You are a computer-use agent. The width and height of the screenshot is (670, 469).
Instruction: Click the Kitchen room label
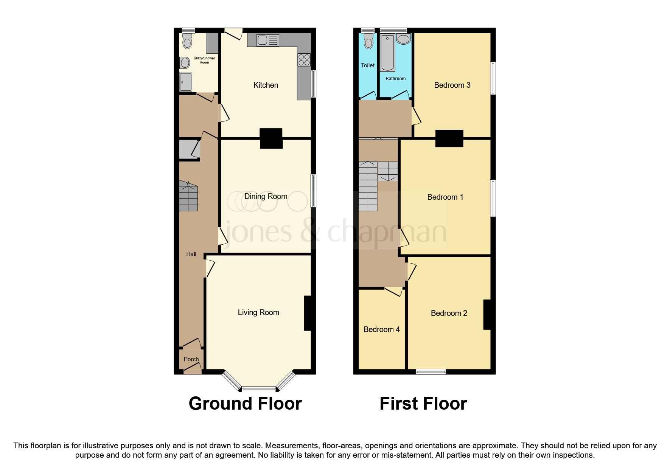[x=266, y=85]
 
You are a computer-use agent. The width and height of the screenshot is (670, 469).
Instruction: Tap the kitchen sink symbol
[x=267, y=40]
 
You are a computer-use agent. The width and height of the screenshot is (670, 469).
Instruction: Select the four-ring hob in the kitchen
[x=304, y=60]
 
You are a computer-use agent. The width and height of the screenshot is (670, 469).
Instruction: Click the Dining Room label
[x=266, y=196]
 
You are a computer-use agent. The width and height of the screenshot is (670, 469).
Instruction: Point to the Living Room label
[x=258, y=312]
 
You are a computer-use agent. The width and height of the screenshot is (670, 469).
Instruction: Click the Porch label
[x=191, y=359]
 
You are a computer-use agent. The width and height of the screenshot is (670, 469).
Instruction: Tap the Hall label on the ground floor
[x=191, y=254]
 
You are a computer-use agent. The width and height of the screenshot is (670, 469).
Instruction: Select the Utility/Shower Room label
[x=204, y=60]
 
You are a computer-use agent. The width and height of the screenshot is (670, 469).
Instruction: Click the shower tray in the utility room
[x=186, y=82]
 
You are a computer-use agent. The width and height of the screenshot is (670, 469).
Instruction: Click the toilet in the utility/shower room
[x=187, y=42]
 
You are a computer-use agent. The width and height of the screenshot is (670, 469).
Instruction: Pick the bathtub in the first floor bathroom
[x=388, y=53]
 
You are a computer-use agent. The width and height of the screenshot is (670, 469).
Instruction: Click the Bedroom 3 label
[x=452, y=85]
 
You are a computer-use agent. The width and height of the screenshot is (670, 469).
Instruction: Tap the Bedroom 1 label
[x=445, y=197]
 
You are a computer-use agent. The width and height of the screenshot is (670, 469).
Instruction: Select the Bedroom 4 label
[x=381, y=329]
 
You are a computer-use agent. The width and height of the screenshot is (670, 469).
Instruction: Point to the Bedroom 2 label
[x=449, y=313]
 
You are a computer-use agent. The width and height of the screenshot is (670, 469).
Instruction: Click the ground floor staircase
[x=188, y=196]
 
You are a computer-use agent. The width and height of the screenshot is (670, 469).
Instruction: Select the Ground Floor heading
[x=245, y=404]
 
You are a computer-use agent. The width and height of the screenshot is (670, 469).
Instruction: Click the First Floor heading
[x=423, y=404]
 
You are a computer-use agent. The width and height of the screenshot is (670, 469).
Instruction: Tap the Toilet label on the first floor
[x=368, y=65]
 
